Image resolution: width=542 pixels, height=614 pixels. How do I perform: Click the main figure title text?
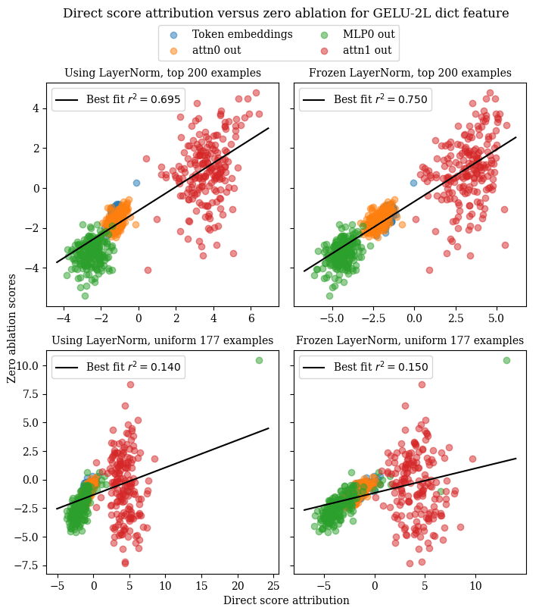(x=285, y=14)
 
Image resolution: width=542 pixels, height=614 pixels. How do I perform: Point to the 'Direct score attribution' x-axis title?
(x=286, y=600)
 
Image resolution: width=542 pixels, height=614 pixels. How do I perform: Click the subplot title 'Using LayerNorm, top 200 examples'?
(x=163, y=74)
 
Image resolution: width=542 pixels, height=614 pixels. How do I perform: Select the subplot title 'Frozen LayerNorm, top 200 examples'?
(x=410, y=74)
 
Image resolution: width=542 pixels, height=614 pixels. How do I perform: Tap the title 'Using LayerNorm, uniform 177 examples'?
(x=163, y=340)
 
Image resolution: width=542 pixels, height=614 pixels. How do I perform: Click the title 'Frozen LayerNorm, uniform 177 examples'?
(x=410, y=340)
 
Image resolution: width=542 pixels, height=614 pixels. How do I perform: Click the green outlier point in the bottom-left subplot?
(x=259, y=361)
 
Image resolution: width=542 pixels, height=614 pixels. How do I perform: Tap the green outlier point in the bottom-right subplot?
(x=506, y=361)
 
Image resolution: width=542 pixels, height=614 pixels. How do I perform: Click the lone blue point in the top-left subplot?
(x=137, y=183)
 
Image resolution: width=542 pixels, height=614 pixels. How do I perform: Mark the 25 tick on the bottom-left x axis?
(x=273, y=584)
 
